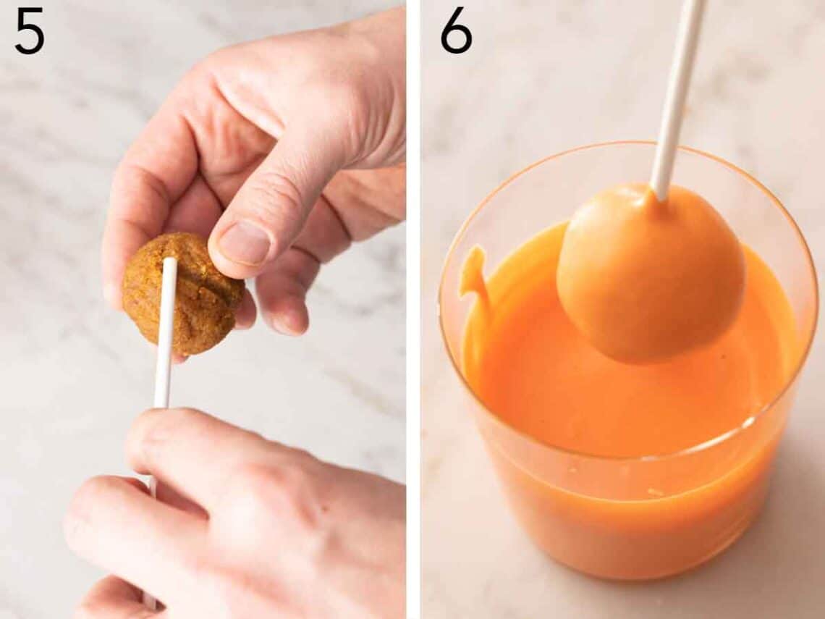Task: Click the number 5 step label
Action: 29,32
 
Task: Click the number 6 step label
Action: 456,32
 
